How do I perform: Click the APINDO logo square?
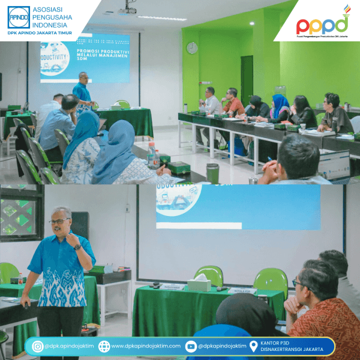tap(19, 17)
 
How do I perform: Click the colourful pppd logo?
tap(322, 24)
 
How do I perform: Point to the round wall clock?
tap(192, 47)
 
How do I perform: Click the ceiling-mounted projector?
tap(127, 10)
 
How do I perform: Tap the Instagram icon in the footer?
tap(37, 346)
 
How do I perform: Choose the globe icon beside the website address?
tap(104, 346)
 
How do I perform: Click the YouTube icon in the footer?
tap(191, 346)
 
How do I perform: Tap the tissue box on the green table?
tap(199, 284)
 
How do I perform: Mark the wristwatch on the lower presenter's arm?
tap(77, 247)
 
